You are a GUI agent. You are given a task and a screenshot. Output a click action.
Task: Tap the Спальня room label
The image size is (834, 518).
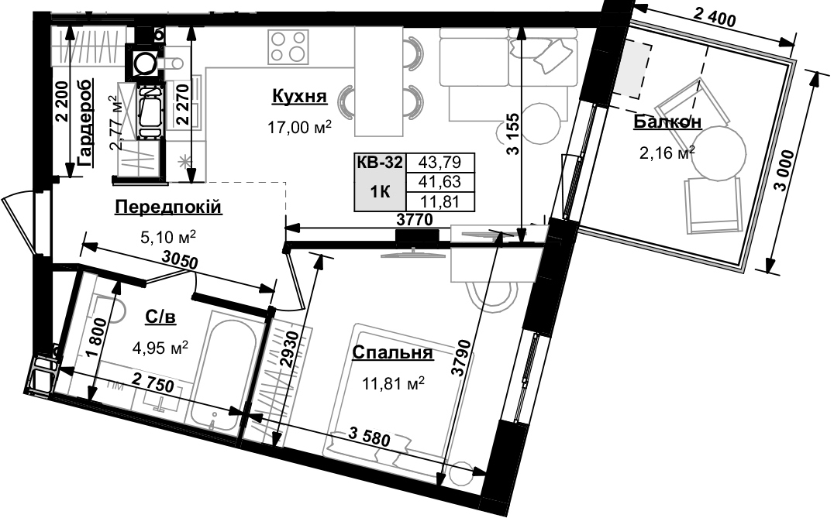[391, 353]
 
